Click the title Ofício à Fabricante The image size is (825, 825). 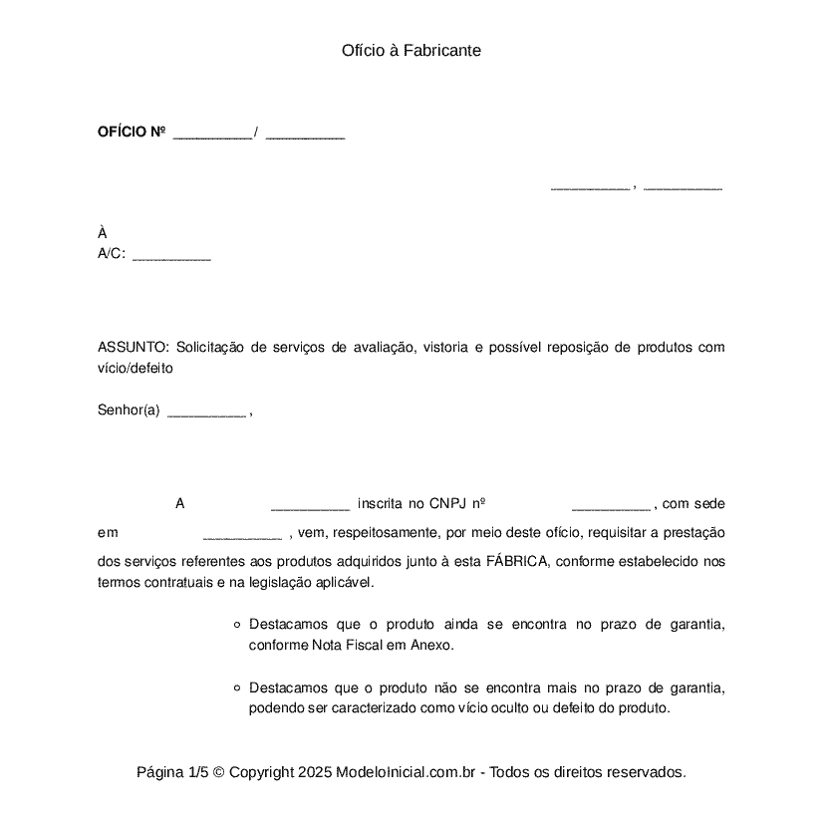tap(412, 50)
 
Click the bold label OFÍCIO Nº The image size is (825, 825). tap(131, 133)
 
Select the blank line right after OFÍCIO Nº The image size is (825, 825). tap(212, 137)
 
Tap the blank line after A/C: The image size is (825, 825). tap(171, 258)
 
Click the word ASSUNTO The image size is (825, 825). tap(134, 348)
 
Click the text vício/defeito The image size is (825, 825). tap(136, 368)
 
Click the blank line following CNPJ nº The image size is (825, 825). tap(610, 507)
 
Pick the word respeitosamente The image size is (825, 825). tap(383, 533)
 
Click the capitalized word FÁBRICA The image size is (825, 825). tap(517, 561)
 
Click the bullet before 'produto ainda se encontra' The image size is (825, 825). tap(236, 626)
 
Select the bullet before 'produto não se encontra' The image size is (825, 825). tap(236, 688)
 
